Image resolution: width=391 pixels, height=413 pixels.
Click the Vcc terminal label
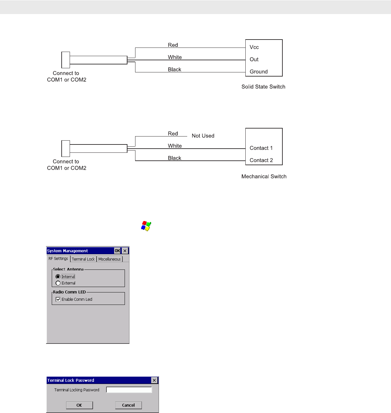pos(254,47)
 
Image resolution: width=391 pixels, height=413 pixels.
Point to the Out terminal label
pos(254,59)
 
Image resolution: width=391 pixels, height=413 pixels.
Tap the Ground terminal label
pos(258,72)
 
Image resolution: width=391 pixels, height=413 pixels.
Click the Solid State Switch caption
pos(263,87)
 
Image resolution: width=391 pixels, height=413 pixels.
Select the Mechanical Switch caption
pos(264,177)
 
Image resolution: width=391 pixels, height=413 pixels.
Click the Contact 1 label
pos(261,148)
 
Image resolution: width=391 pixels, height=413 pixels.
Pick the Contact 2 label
pos(261,160)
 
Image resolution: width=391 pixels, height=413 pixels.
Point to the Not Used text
pos(203,136)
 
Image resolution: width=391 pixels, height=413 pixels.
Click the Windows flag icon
pos(146,226)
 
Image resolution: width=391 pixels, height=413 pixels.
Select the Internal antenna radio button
pos(58,277)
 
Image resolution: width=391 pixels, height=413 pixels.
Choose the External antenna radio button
pos(58,283)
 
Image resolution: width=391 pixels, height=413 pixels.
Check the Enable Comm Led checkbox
pos(58,299)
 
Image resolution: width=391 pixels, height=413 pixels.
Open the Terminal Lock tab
pos(83,259)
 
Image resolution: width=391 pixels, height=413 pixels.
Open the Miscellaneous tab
pos(110,259)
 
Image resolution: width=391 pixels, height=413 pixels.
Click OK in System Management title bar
pos(117,251)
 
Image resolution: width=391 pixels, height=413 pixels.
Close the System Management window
pos(125,251)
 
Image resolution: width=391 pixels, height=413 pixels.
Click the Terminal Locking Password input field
pos(129,390)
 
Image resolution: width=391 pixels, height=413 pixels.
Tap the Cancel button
pos(128,405)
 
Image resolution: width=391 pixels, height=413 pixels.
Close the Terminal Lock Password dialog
pos(154,380)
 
